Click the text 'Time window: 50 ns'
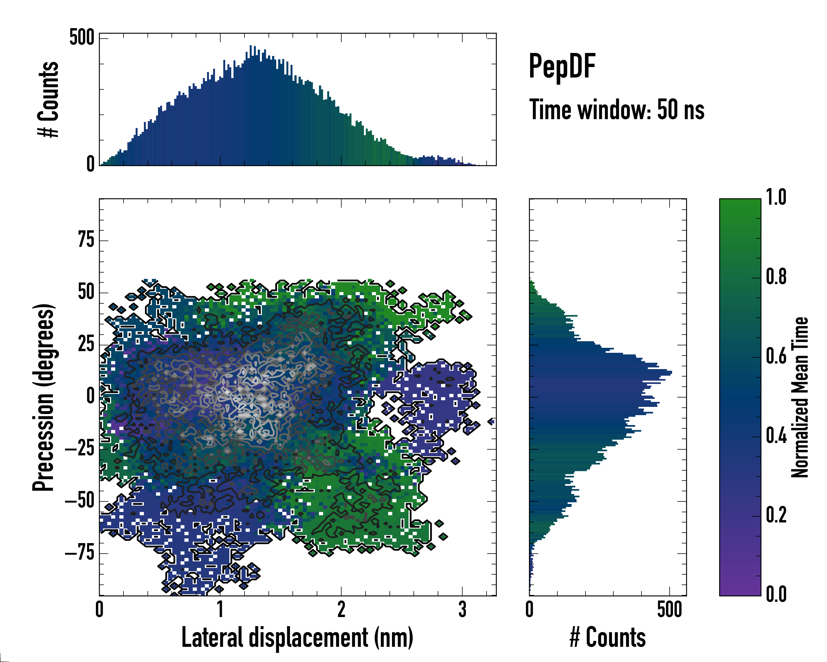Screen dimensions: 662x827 [616, 110]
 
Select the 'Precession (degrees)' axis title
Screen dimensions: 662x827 [43, 397]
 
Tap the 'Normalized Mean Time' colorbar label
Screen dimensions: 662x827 [800, 397]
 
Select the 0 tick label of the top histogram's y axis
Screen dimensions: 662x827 [90, 164]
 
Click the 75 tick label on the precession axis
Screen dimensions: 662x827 [86, 240]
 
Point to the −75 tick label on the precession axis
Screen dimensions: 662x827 [80, 553]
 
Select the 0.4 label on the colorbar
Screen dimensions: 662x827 [776, 436]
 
